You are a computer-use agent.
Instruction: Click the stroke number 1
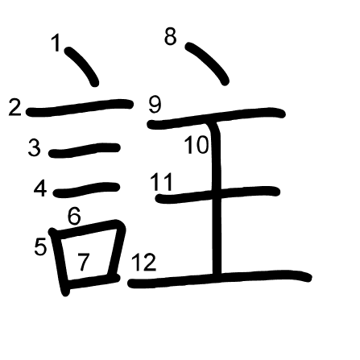pos(56,43)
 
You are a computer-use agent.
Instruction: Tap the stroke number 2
pos(14,107)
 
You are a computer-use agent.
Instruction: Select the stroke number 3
pos(35,147)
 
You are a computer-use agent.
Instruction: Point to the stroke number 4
pos(40,188)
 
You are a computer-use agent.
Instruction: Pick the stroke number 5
pos(40,246)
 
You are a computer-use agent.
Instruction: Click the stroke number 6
pos(74,216)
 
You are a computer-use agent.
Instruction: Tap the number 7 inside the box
pos(83,262)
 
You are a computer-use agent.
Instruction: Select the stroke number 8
pos(171,36)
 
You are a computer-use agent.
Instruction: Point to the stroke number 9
pos(155,105)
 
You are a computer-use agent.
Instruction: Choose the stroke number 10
pos(197,145)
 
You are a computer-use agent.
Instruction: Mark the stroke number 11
pos(161,182)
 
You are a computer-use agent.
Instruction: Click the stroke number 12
pos(144,262)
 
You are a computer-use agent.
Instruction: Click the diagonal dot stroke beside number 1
pos(81,66)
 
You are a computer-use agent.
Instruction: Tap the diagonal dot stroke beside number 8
pos(208,64)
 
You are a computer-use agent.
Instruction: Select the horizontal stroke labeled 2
pos(80,108)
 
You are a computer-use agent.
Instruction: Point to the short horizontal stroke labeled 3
pos(85,150)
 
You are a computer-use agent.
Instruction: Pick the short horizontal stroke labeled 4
pos(86,189)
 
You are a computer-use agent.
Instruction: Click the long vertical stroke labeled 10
pos(217,200)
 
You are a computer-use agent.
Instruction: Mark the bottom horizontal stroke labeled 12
pos(220,279)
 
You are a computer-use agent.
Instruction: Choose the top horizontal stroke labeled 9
pos(216,118)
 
